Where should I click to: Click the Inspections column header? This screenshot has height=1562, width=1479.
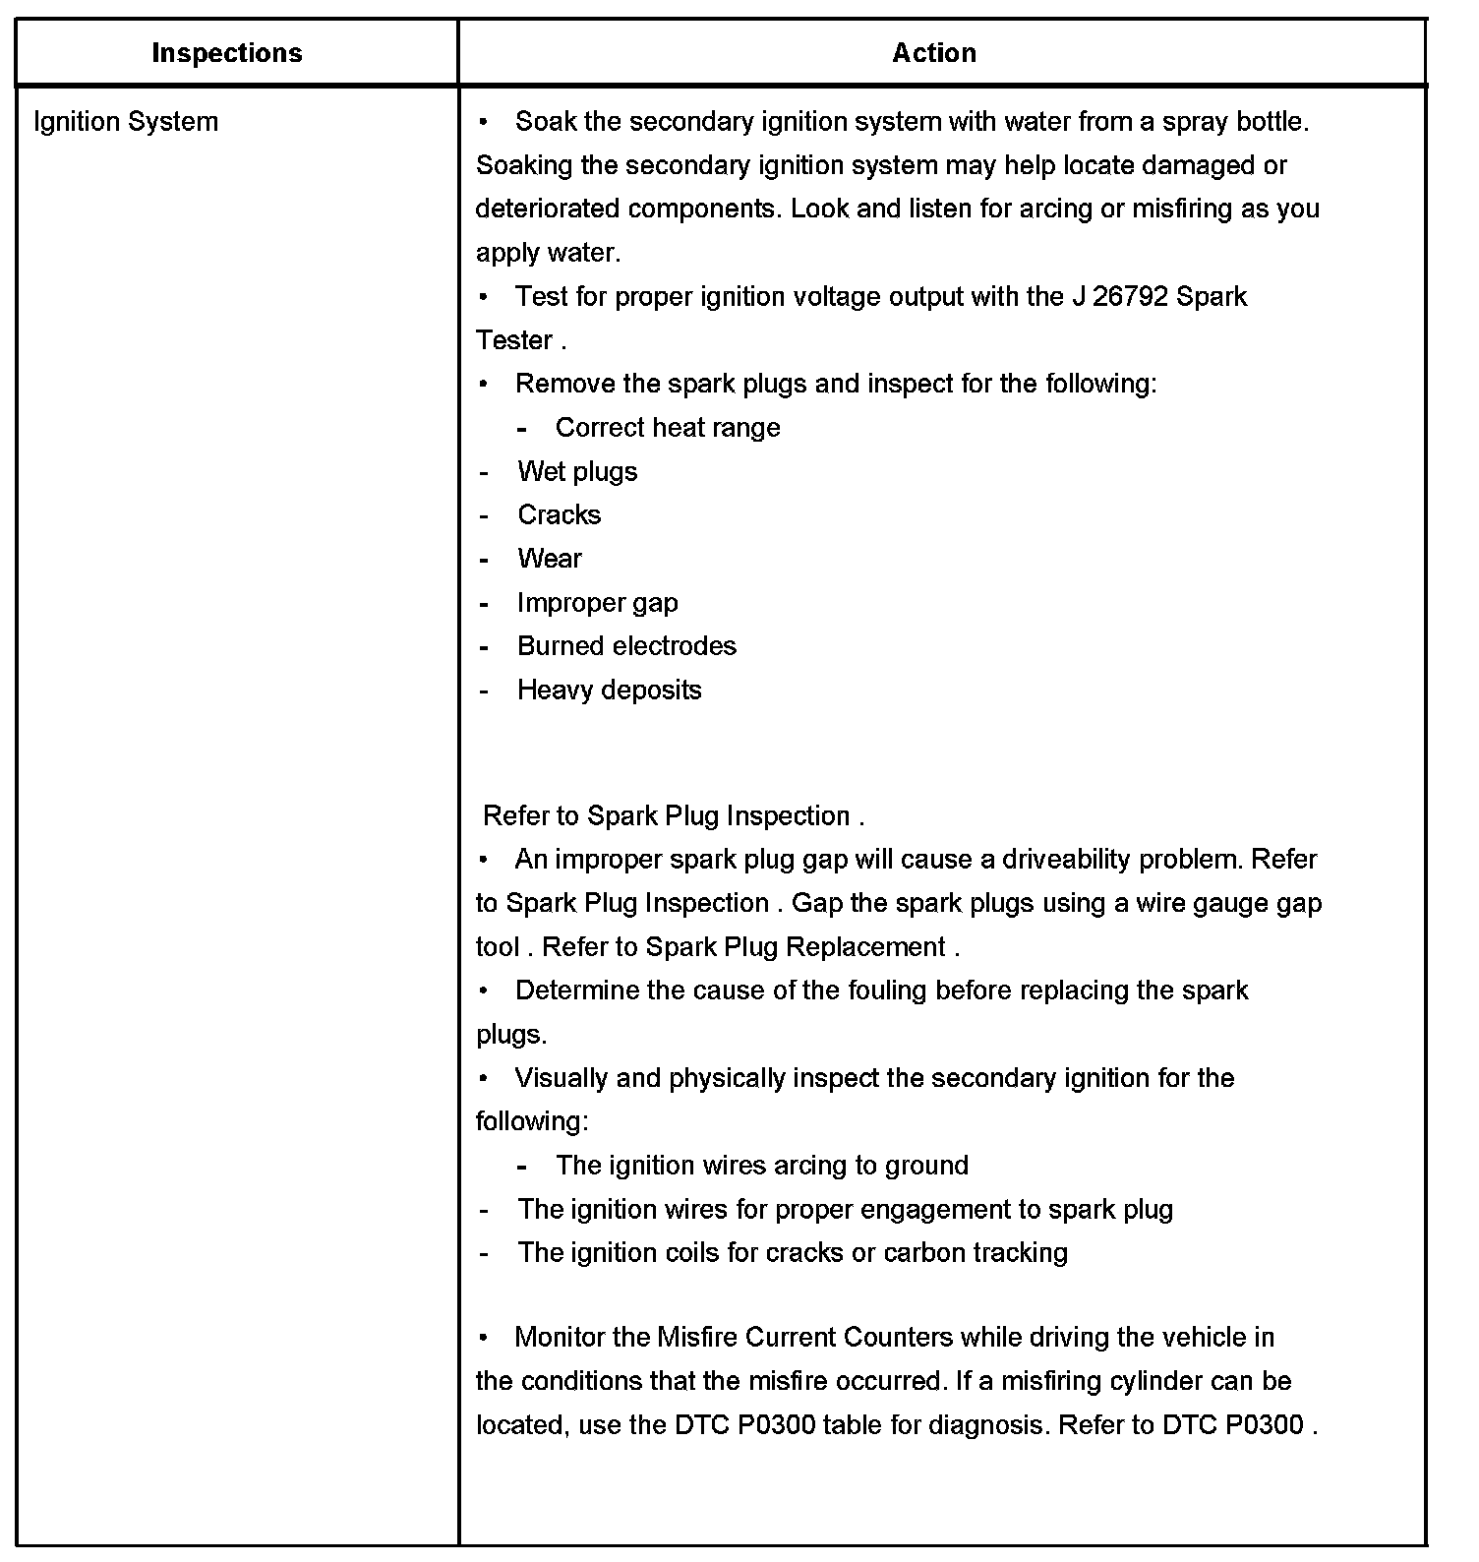click(227, 53)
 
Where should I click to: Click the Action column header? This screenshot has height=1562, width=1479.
click(934, 53)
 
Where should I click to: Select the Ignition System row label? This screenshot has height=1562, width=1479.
click(126, 122)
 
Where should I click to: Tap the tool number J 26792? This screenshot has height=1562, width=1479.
click(1119, 297)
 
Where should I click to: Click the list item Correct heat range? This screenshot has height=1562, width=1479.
click(667, 428)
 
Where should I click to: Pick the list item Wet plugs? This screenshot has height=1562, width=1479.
click(577, 472)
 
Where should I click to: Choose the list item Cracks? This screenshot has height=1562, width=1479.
click(559, 515)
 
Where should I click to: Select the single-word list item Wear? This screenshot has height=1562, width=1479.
click(550, 559)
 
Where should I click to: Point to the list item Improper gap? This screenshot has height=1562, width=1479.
click(597, 603)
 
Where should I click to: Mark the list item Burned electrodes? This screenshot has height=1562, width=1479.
click(626, 646)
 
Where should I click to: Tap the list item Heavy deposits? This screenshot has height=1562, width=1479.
click(609, 691)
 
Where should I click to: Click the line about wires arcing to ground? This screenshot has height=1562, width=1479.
click(761, 1166)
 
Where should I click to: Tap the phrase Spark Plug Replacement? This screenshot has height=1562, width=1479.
click(795, 947)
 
